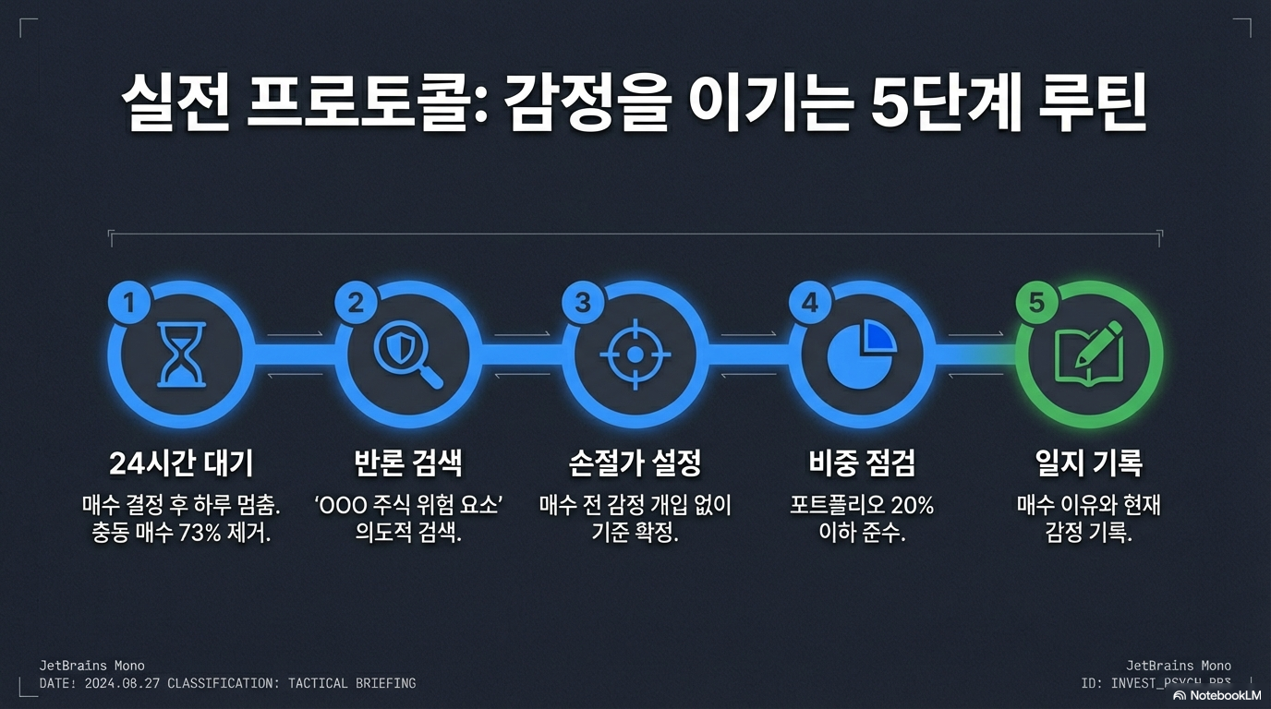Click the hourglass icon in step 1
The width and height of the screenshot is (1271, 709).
(x=182, y=355)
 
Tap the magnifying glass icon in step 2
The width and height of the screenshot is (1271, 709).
(x=408, y=355)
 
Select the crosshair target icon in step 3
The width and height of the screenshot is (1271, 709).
(x=635, y=354)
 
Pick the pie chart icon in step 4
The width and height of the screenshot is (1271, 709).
(x=862, y=355)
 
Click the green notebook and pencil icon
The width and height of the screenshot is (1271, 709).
(x=1089, y=355)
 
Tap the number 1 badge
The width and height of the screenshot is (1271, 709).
(x=129, y=304)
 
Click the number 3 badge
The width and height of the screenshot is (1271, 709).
(x=583, y=304)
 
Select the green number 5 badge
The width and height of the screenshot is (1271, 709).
(x=1036, y=304)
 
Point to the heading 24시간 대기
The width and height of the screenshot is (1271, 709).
(x=182, y=463)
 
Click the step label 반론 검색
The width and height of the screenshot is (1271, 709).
(x=408, y=463)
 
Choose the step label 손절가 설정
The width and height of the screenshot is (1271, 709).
(x=635, y=463)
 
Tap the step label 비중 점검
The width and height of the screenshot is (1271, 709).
(x=862, y=463)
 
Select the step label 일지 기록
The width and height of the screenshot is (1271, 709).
(x=1089, y=463)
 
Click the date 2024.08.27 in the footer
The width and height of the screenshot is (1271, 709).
(x=122, y=684)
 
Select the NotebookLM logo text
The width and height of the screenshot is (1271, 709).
(x=1224, y=695)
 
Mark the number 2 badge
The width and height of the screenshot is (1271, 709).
(x=357, y=304)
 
